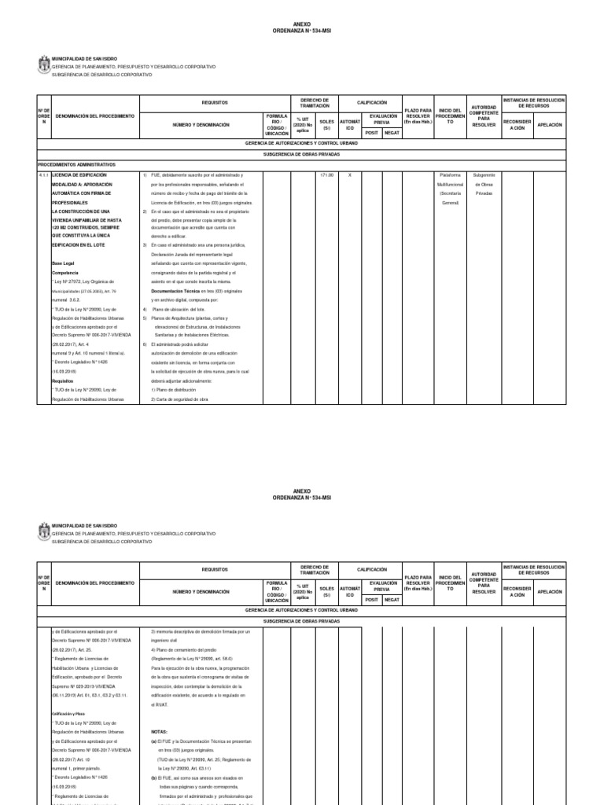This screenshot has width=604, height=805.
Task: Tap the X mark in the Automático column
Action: (350, 175)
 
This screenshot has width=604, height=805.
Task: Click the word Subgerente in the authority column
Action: (484, 175)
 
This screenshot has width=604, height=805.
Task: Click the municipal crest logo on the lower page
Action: (42, 535)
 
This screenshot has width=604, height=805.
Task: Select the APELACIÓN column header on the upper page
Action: (549, 125)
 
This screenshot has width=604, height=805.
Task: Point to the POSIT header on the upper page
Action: (370, 133)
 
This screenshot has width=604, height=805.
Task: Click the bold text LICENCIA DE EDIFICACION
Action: (84, 175)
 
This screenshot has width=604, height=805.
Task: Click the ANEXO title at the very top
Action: (301, 24)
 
